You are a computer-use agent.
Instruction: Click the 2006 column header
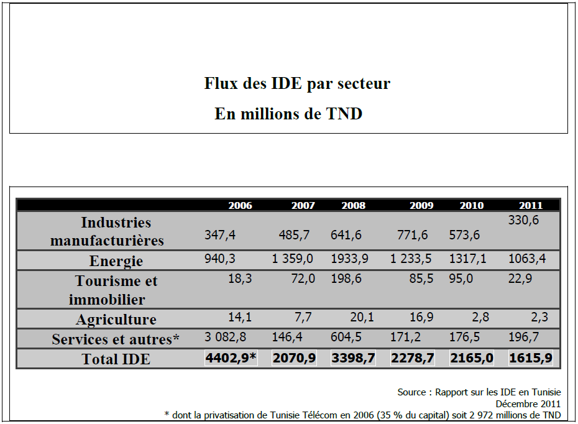coord(240,205)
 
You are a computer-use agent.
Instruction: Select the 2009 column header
coord(421,205)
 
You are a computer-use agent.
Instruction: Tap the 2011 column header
coord(530,205)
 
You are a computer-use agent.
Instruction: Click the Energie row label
coord(116,261)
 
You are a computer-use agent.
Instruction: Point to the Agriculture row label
coord(116,320)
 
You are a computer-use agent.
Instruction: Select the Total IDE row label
coord(116,359)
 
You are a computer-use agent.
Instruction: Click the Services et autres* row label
coord(116,339)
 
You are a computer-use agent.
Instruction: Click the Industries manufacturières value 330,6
coord(523,220)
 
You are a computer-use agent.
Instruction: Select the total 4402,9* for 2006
coord(231,358)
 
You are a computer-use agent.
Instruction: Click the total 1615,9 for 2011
coord(530,358)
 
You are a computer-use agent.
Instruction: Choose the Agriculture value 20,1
coord(362,318)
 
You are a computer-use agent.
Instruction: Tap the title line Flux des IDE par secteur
coord(297,83)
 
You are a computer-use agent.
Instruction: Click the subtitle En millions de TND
coord(288,114)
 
